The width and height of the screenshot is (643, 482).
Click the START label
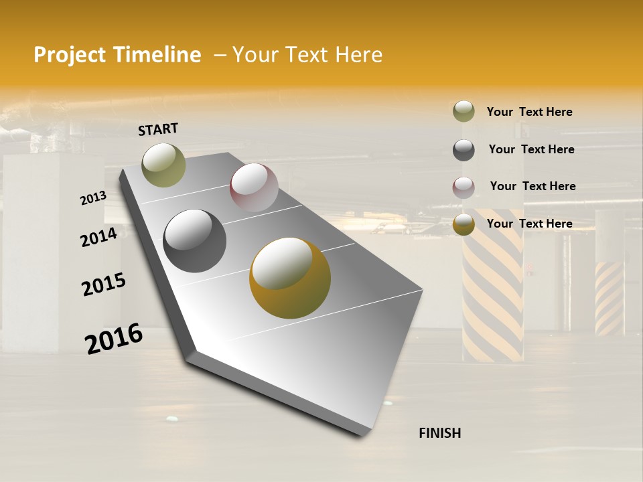pyautogui.click(x=158, y=129)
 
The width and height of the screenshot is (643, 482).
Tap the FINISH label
pyautogui.click(x=439, y=433)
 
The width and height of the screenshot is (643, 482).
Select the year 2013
pyautogui.click(x=94, y=198)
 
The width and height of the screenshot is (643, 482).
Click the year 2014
pyautogui.click(x=98, y=237)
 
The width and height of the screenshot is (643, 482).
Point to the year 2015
pyautogui.click(x=104, y=285)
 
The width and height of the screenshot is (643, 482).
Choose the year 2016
pyautogui.click(x=114, y=339)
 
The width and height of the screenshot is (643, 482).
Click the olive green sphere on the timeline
pyautogui.click(x=164, y=165)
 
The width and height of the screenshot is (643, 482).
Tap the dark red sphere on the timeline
pyautogui.click(x=254, y=187)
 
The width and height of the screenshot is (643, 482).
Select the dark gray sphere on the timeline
pyautogui.click(x=195, y=241)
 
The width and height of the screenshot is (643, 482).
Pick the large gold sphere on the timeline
pyautogui.click(x=290, y=278)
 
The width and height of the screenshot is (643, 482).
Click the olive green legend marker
pyautogui.click(x=463, y=112)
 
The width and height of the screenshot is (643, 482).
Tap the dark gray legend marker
pyautogui.click(x=463, y=150)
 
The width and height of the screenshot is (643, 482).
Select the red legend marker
pyautogui.click(x=463, y=187)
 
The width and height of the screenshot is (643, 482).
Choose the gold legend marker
pyautogui.click(x=463, y=225)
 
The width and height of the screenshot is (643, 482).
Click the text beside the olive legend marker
pyautogui.click(x=529, y=112)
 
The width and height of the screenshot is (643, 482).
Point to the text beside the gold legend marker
pyautogui.click(x=529, y=224)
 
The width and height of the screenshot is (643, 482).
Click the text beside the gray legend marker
pyautogui.click(x=531, y=149)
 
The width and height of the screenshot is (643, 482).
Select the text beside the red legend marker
pyautogui.click(x=532, y=186)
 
